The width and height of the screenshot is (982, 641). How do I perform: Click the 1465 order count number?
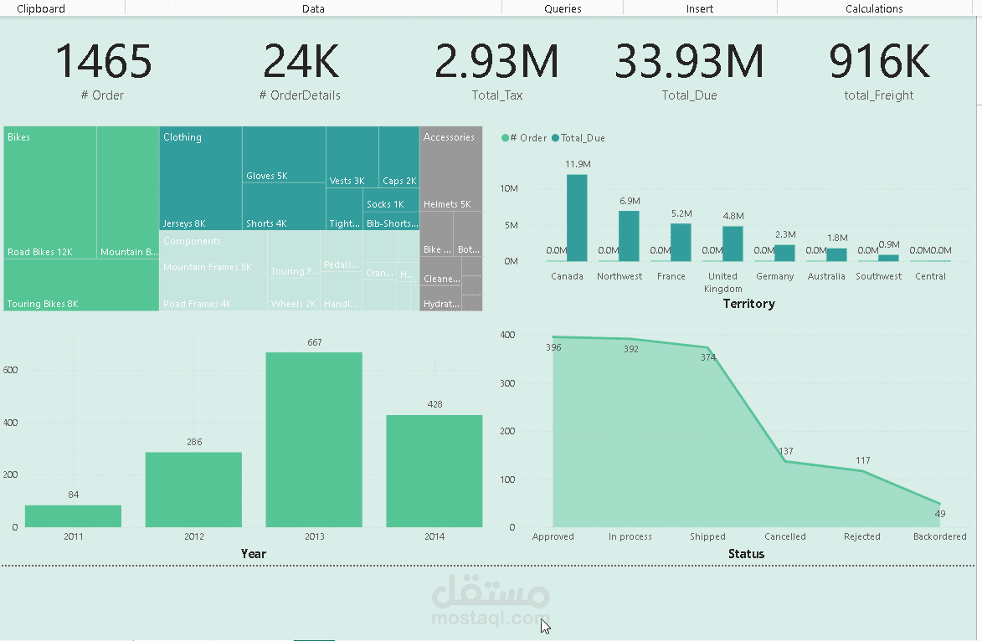tap(104, 62)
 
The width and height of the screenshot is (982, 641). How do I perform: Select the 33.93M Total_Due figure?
tap(689, 62)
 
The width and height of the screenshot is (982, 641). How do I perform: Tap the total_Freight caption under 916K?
tap(878, 95)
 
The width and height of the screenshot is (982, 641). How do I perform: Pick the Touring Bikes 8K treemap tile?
tap(81, 285)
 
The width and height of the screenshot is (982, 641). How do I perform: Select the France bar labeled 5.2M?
tap(681, 242)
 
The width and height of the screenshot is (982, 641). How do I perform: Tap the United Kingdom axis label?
tap(722, 282)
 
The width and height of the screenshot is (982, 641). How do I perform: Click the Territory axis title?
tap(748, 304)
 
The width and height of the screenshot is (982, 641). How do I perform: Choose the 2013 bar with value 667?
tap(314, 439)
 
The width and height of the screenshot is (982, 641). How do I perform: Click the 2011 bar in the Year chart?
tap(73, 516)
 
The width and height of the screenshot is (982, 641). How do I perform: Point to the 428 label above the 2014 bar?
tap(434, 404)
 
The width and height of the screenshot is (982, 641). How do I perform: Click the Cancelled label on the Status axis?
tap(785, 536)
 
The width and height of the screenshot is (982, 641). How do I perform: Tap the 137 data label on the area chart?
tap(785, 451)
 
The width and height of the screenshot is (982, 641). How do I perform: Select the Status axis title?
tap(746, 554)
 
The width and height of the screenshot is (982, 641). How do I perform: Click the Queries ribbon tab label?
tap(563, 8)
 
